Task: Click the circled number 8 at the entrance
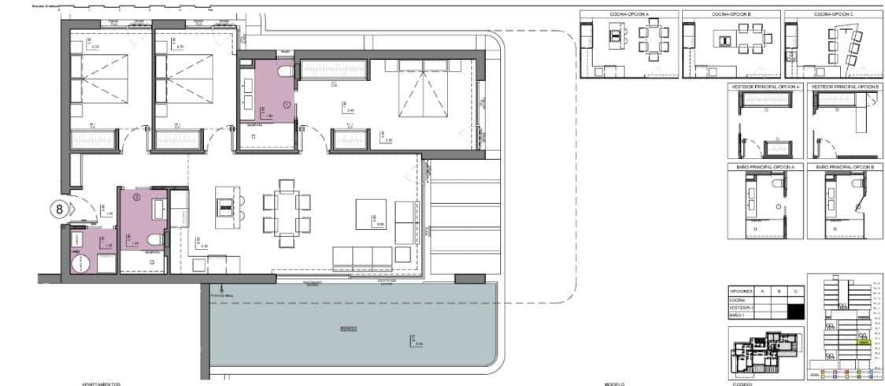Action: [59, 209]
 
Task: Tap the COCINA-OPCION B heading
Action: [731, 14]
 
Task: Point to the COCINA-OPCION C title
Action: [834, 14]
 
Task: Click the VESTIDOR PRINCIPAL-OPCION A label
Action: [765, 86]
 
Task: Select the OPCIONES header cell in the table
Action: [742, 291]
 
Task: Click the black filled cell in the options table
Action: [796, 310]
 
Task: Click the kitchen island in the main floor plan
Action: [226, 206]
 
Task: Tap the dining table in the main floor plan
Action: [287, 207]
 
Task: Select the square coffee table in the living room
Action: [370, 214]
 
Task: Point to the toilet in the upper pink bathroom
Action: [285, 73]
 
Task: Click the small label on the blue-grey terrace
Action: [347, 328]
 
